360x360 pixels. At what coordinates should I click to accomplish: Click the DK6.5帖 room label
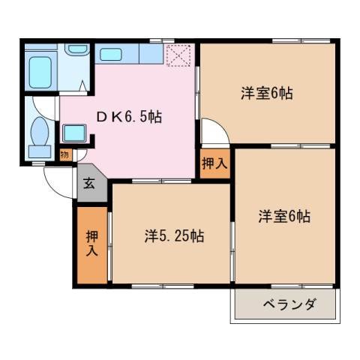(x=129, y=117)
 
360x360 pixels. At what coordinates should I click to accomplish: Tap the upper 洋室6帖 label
(x=266, y=94)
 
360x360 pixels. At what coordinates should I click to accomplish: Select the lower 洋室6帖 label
(x=284, y=217)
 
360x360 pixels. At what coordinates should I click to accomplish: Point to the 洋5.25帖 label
(x=173, y=236)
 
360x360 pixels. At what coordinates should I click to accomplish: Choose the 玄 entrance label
(x=89, y=184)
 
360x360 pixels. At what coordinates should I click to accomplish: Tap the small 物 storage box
(x=65, y=154)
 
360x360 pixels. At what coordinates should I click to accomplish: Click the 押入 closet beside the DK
(x=214, y=164)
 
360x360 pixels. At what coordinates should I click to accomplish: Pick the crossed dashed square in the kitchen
(x=178, y=55)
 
